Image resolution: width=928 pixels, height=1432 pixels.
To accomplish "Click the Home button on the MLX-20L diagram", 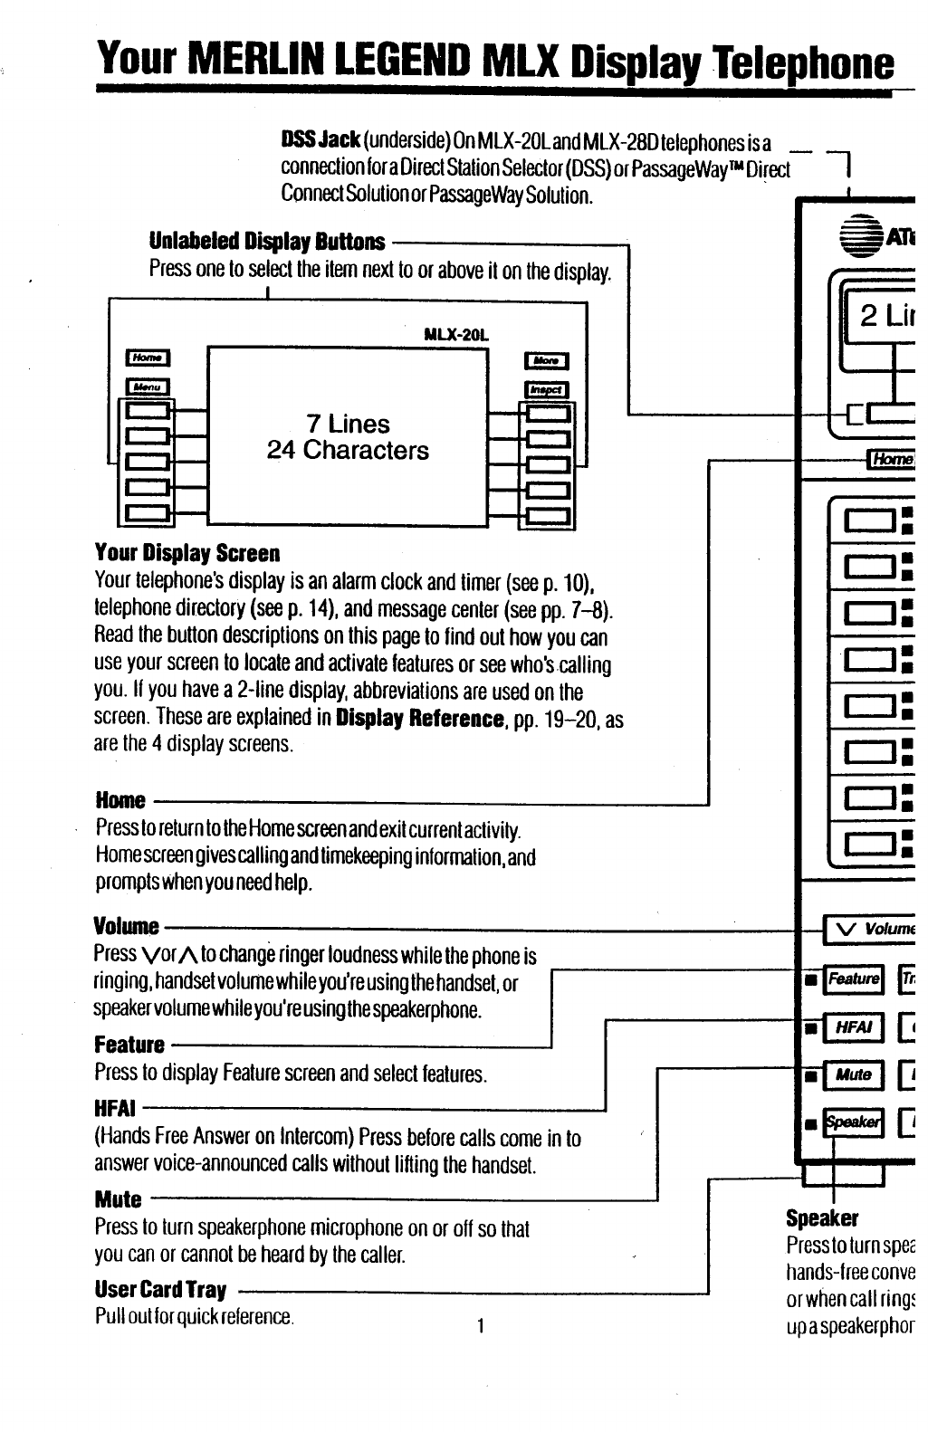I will click(146, 358).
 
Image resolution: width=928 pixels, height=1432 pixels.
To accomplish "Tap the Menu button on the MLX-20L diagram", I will click(146, 387).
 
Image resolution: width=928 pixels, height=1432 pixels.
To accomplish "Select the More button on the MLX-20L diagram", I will click(546, 361).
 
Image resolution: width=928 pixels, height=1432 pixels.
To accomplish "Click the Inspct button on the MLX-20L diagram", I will click(546, 389).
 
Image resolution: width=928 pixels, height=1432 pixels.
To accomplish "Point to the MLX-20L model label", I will click(456, 334).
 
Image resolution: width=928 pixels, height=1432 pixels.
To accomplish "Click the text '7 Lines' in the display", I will click(348, 424).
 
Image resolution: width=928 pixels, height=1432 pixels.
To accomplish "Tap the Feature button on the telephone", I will click(852, 979).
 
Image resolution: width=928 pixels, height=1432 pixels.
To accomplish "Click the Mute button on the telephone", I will click(852, 1075).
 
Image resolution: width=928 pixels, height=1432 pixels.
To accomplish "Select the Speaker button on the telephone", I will click(852, 1122).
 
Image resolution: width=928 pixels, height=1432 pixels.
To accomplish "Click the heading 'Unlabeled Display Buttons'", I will click(267, 242).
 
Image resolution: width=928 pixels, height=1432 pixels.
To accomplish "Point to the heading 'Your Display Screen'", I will click(187, 553).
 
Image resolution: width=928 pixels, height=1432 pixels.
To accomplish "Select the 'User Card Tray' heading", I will click(160, 1289).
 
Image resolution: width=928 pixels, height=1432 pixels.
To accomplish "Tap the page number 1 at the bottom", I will click(482, 1326).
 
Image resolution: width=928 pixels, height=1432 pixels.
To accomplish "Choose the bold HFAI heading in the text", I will click(115, 1108).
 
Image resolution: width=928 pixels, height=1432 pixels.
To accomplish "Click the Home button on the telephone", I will click(891, 459).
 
